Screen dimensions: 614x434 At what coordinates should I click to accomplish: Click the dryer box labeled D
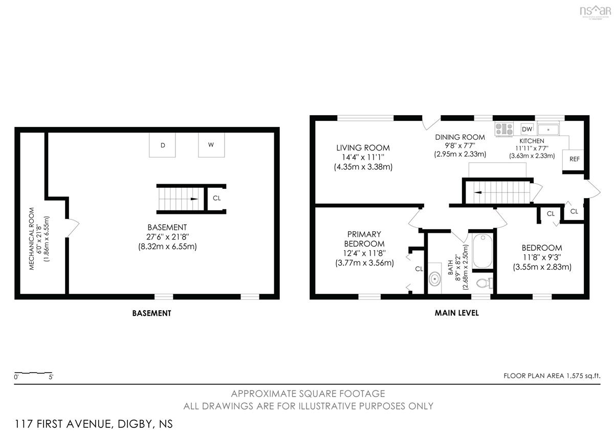(162, 145)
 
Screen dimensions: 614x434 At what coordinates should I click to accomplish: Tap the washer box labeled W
(211, 145)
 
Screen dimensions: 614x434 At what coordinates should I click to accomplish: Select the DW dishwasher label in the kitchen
(527, 129)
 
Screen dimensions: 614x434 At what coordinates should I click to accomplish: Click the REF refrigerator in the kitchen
(573, 159)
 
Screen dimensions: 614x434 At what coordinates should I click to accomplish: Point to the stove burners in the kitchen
(504, 129)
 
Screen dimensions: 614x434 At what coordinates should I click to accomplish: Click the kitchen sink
(548, 129)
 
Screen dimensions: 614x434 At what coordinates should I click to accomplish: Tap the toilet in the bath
(485, 283)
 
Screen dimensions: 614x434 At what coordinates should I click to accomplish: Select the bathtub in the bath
(483, 251)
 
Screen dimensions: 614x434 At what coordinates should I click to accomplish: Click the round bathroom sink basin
(435, 279)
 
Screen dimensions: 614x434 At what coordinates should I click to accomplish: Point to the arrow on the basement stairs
(194, 199)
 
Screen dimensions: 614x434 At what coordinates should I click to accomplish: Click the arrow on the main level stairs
(478, 192)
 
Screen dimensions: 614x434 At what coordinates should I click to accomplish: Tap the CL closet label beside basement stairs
(216, 198)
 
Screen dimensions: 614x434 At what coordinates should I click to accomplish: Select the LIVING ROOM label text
(363, 148)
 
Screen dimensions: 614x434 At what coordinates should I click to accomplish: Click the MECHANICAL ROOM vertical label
(32, 238)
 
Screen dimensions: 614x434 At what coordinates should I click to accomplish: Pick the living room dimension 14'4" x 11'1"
(363, 157)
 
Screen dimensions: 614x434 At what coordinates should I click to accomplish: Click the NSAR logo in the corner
(595, 12)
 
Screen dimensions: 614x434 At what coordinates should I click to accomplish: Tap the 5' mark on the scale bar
(51, 377)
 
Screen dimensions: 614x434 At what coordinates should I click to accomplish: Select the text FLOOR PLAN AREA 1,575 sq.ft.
(552, 376)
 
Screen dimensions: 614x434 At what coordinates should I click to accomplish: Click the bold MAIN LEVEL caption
(456, 313)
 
